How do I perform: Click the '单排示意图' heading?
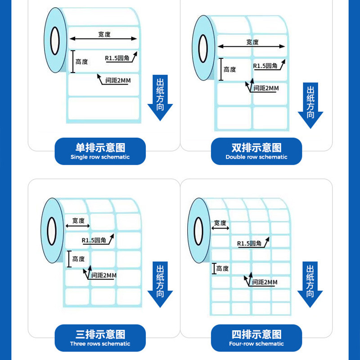click(x=100, y=148)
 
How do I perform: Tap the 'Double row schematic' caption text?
click(x=256, y=157)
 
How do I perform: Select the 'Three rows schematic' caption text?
click(x=100, y=344)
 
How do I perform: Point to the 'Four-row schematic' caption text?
click(x=256, y=344)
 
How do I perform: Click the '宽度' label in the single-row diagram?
click(x=104, y=34)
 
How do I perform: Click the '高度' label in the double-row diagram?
click(x=229, y=69)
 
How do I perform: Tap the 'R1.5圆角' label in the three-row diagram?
click(x=94, y=241)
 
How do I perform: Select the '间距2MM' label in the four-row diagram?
click(x=265, y=282)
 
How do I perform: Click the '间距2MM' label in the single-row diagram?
click(x=117, y=81)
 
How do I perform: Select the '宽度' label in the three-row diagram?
click(x=78, y=220)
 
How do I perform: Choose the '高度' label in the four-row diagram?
click(x=222, y=269)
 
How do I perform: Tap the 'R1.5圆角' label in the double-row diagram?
click(x=265, y=66)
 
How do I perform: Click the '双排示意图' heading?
click(x=256, y=148)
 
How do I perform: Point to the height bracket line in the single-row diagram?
click(x=72, y=62)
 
